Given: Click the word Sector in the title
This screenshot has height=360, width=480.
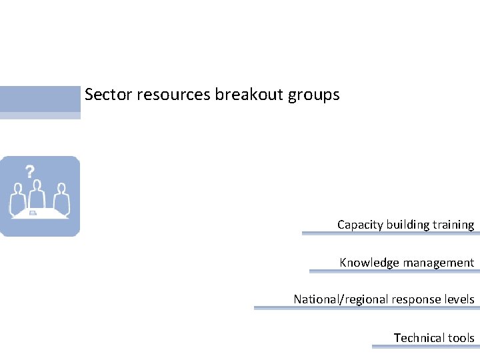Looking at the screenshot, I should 109,95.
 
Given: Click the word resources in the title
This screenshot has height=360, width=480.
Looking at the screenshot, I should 173,95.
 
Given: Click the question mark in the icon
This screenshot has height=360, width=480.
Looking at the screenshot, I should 30,171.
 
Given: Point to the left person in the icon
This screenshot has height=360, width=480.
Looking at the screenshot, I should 17,199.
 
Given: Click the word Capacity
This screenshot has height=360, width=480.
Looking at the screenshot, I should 360,225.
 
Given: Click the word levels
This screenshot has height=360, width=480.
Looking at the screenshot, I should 457,299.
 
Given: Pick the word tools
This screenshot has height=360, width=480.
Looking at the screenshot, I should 462,338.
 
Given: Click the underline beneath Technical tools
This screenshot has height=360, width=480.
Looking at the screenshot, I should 423,347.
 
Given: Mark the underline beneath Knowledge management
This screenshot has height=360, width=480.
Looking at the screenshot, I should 392,271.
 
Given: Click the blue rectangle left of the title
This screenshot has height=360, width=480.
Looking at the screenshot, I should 40,99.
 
